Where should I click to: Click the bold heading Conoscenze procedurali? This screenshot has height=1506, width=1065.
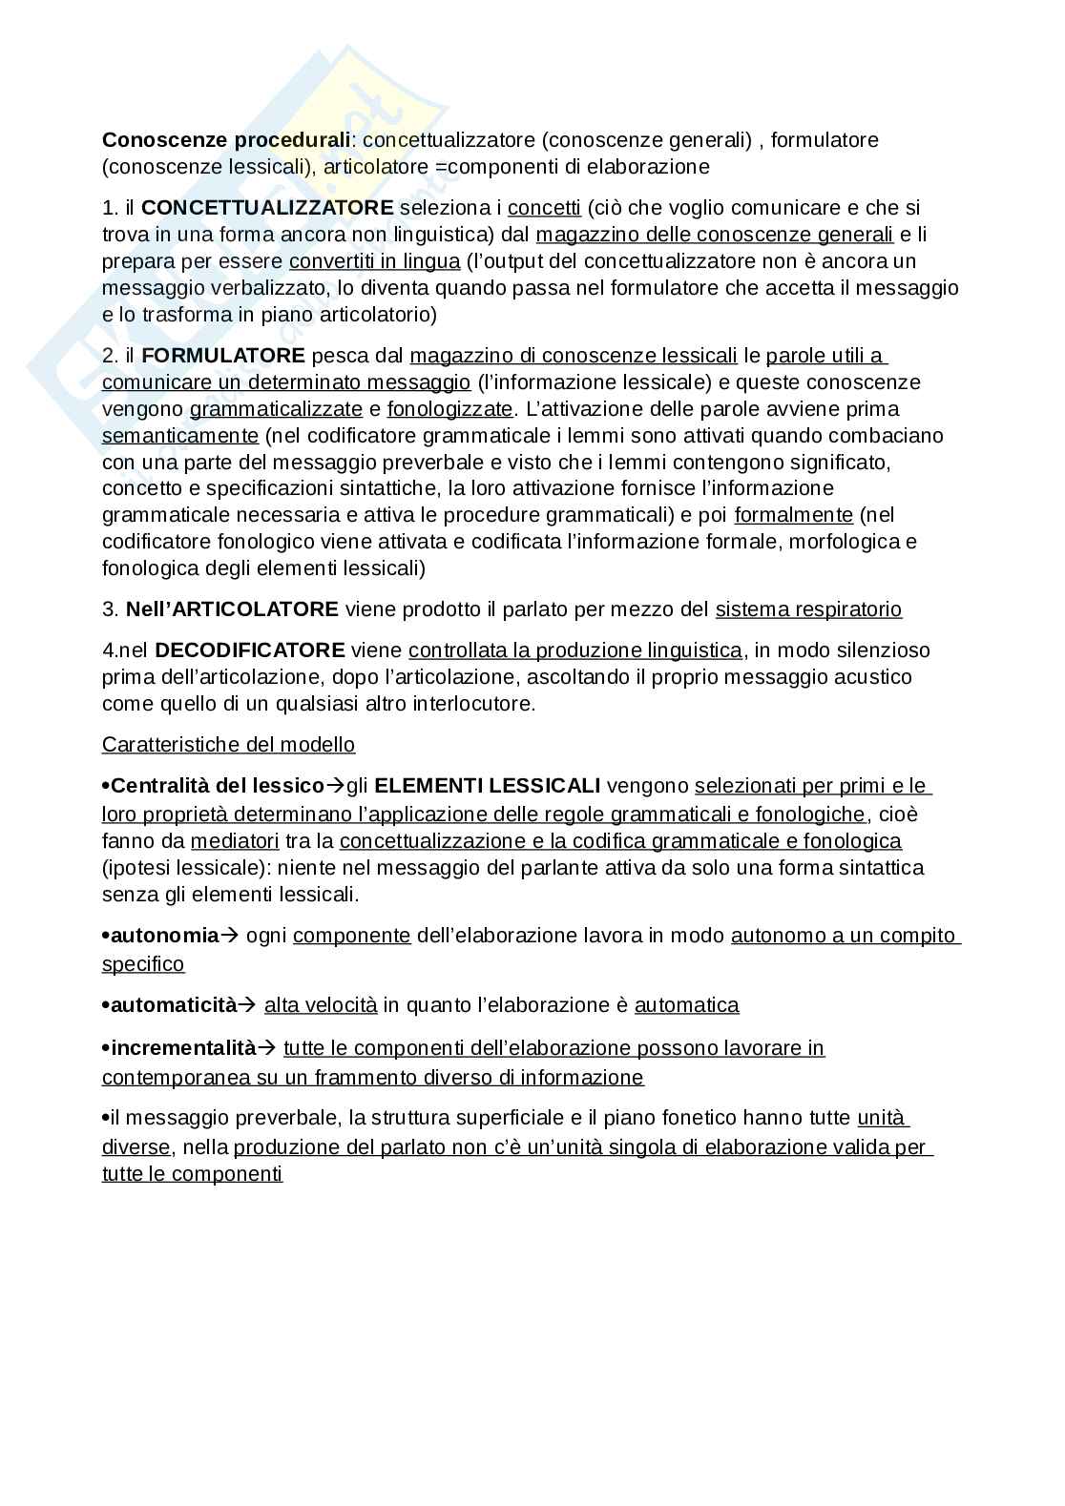(x=226, y=140)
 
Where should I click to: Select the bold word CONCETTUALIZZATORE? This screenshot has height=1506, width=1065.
(x=267, y=208)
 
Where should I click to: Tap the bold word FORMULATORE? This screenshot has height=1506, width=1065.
(x=223, y=356)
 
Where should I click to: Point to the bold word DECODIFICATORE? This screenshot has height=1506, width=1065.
(x=249, y=650)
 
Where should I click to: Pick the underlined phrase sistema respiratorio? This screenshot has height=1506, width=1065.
(x=808, y=609)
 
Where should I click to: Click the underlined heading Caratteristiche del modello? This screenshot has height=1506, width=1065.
(x=228, y=745)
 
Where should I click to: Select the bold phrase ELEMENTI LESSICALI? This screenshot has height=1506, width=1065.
(x=488, y=786)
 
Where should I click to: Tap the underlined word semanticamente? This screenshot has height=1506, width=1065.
(x=180, y=436)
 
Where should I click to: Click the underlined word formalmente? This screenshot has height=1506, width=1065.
(x=793, y=515)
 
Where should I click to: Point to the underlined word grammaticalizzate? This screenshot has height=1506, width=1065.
(x=276, y=409)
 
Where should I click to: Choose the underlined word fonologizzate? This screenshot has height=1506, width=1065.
(x=450, y=409)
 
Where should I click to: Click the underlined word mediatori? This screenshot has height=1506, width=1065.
(x=235, y=841)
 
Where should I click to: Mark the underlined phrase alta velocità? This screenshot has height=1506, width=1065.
(x=321, y=1005)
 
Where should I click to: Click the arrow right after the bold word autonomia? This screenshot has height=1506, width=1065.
(x=229, y=936)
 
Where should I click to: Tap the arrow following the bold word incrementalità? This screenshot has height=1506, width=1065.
(x=266, y=1048)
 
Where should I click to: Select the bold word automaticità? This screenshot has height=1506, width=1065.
(x=173, y=1005)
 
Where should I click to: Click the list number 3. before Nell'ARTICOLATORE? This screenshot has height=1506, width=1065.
(x=110, y=609)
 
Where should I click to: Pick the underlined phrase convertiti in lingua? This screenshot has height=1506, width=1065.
(x=374, y=261)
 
